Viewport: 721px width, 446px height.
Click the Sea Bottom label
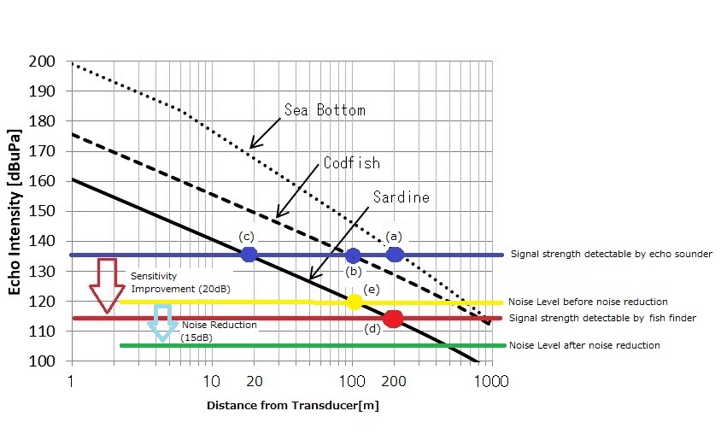325,110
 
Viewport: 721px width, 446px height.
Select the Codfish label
352,163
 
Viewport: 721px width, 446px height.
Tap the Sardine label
402,197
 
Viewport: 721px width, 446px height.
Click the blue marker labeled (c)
249,254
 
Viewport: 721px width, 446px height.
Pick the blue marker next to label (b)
353,255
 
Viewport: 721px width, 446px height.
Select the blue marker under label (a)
395,254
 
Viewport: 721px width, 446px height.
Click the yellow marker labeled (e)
355,302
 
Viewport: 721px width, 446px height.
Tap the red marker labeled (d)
393,319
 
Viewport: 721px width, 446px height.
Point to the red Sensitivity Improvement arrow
108,285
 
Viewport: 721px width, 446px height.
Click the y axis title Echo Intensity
15,212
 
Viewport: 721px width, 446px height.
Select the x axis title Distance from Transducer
292,406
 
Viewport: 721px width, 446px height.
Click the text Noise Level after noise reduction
583,345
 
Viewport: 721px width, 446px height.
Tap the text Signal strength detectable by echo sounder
611,254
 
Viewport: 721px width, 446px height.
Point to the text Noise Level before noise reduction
588,302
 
